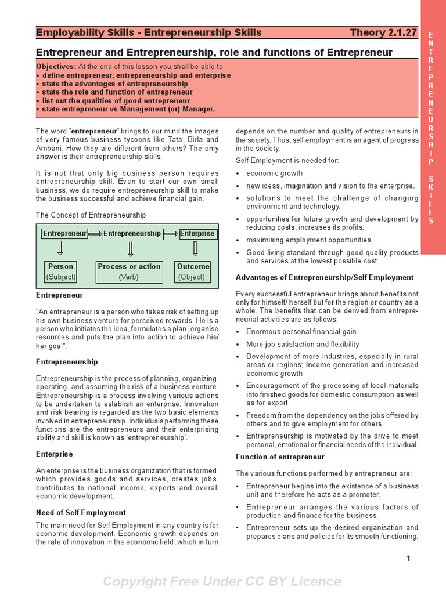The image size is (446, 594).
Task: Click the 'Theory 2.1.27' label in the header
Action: (x=383, y=32)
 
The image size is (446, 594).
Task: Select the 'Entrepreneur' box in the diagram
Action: (x=64, y=234)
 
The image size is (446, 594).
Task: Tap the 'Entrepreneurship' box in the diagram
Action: (x=132, y=233)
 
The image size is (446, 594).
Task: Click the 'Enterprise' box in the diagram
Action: (x=197, y=234)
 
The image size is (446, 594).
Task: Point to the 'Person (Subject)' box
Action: (x=61, y=271)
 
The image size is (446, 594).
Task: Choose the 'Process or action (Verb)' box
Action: (x=129, y=271)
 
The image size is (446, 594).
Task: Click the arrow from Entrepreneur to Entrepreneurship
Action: (x=95, y=234)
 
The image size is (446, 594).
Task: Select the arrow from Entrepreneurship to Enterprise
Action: (x=171, y=234)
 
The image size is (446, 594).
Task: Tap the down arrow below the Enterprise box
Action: (x=195, y=249)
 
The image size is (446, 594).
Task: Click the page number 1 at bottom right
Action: (x=409, y=559)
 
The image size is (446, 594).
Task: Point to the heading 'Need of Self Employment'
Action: (x=81, y=512)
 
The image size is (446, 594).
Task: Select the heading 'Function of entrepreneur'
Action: (x=280, y=457)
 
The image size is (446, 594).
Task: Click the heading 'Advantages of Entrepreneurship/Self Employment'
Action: (x=325, y=277)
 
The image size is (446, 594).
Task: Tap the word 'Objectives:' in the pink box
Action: (x=56, y=67)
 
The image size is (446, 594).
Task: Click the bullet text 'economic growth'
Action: (x=274, y=173)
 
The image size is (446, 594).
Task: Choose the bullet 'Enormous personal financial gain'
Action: (x=301, y=332)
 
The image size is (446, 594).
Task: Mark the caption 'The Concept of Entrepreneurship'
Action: (x=91, y=215)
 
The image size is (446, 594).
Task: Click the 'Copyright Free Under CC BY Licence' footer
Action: (x=222, y=581)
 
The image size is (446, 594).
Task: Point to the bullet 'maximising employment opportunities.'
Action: (x=309, y=240)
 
